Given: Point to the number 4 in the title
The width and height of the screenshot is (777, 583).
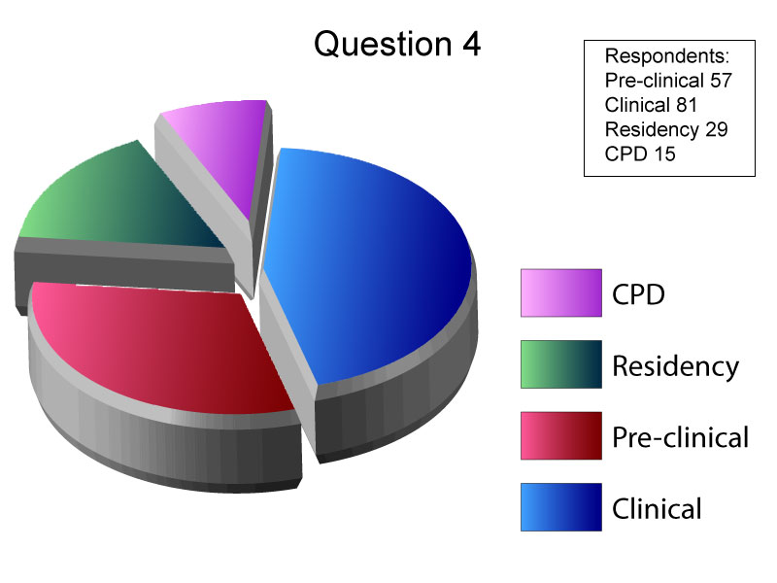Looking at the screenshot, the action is pos(472,44).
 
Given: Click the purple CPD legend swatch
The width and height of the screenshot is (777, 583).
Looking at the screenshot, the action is pos(561,293).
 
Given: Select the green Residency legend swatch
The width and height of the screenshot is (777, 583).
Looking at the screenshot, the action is pos(561,364).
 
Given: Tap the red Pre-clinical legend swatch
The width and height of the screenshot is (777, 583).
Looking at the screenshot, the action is pos(561,435).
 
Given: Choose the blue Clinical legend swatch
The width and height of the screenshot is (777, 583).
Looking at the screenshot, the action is pos(561,507).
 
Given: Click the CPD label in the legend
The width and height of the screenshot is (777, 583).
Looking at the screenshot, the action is pos(638,294).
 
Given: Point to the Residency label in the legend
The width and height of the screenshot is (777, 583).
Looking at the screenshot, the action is pos(675,367).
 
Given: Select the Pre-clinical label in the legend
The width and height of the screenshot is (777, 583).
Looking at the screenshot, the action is pos(681,437).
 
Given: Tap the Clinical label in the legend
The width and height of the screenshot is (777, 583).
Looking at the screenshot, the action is pos(658,508).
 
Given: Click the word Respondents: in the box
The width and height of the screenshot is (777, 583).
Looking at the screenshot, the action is pos(667,56).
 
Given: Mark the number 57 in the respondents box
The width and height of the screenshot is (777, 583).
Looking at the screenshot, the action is pos(721,81).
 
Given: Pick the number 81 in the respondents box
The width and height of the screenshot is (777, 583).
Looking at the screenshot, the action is pos(687,105).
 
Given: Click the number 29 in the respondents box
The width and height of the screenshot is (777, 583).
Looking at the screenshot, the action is pos(717,129).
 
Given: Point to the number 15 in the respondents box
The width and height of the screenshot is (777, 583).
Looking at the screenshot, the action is pos(664,154).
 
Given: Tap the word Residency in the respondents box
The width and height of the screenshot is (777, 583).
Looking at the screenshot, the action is pos(653,130).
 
